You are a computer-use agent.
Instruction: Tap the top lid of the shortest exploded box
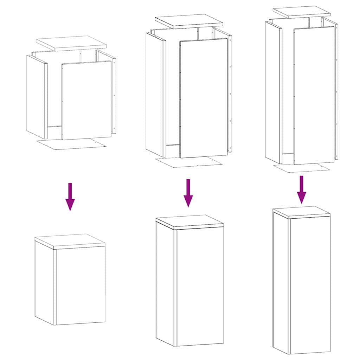[71, 43]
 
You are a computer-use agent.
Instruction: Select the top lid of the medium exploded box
[189, 21]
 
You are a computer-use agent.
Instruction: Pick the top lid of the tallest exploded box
[302, 12]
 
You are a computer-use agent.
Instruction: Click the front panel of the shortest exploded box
[86, 101]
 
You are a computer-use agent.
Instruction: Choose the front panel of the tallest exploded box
[314, 95]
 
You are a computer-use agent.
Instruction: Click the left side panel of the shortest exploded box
[37, 97]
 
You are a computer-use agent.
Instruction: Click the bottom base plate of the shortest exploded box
[72, 144]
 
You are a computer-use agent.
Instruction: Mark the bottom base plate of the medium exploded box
[189, 162]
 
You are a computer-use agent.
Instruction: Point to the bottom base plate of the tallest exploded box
[302, 168]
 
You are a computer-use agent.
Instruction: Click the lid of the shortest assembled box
[70, 241]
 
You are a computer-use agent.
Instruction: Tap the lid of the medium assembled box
[189, 222]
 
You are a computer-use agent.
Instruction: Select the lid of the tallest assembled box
[301, 212]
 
